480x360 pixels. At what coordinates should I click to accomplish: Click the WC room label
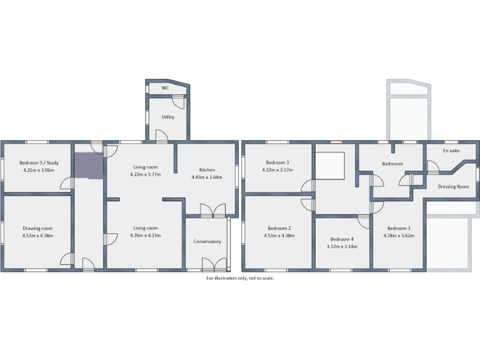(x=166, y=88)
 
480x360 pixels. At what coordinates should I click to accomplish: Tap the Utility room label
(x=167, y=117)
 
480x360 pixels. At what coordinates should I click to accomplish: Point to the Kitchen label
(x=207, y=169)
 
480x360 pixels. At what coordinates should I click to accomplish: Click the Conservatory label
(x=207, y=241)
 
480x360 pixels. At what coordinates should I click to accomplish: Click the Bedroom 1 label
(x=399, y=228)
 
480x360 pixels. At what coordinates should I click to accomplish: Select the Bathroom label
(x=392, y=164)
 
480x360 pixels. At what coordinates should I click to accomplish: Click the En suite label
(x=451, y=151)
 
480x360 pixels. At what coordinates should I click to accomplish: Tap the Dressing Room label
(x=453, y=186)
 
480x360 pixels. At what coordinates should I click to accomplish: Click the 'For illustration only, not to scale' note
(x=240, y=278)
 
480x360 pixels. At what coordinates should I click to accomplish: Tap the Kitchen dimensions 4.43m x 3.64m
(x=207, y=177)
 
